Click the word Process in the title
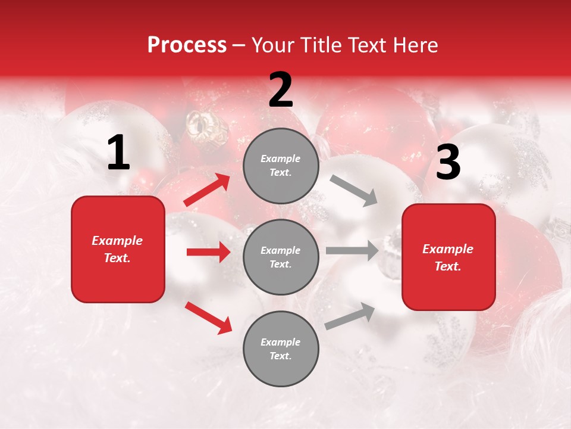[187, 45]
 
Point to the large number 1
[118, 153]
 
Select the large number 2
[281, 90]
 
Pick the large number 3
[448, 162]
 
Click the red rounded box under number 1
[118, 249]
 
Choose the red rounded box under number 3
[448, 257]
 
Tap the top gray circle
[281, 166]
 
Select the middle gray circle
[281, 257]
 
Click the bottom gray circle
[281, 349]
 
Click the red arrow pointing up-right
[207, 190]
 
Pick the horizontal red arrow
[208, 252]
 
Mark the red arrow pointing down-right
[208, 317]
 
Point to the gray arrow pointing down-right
[354, 190]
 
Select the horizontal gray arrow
[352, 251]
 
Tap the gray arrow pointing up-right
[350, 316]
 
